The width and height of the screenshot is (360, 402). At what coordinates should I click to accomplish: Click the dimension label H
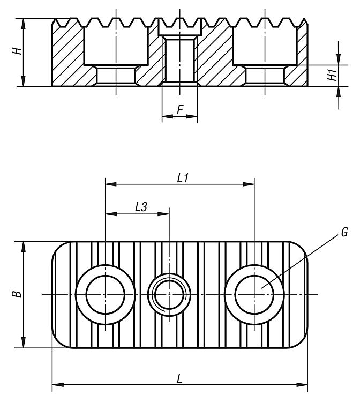click(18, 51)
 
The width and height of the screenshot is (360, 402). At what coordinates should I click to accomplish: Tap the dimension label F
click(180, 110)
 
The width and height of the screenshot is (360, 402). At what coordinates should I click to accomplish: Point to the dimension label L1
click(182, 177)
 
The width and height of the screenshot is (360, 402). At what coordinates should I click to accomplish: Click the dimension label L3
click(141, 207)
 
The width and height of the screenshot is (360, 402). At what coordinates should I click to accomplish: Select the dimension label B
click(17, 294)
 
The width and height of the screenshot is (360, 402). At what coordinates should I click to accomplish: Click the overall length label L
click(181, 378)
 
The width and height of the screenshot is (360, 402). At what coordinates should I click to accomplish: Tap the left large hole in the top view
click(106, 294)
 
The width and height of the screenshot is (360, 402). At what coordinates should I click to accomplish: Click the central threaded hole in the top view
click(169, 294)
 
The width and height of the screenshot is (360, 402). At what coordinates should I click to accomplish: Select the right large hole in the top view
click(254, 294)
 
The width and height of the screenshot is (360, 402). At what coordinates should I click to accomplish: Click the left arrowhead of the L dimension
click(56, 384)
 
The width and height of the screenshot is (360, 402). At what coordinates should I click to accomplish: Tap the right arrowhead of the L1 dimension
click(250, 184)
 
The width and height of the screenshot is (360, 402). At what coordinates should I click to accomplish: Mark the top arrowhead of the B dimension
click(24, 245)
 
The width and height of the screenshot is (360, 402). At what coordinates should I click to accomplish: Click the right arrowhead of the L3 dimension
click(166, 213)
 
